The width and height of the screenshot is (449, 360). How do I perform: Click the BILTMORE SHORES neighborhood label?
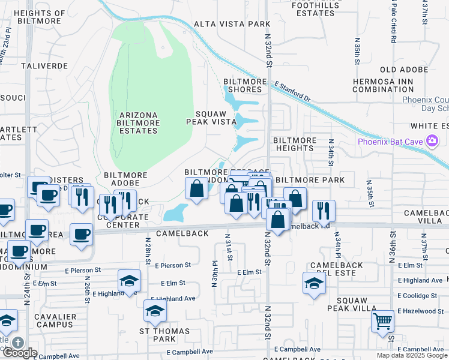point(243,85)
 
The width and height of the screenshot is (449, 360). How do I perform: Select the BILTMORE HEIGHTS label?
point(295,144)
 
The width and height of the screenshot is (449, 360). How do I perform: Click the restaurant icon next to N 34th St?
point(324,210)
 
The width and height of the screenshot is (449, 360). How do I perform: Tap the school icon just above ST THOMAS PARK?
point(155,311)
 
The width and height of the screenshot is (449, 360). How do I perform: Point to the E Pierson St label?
point(173,265)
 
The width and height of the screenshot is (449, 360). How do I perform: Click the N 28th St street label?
point(147,250)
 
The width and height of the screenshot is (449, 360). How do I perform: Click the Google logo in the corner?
point(20,353)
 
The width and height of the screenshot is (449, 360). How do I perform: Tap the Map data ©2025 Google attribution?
point(412,355)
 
